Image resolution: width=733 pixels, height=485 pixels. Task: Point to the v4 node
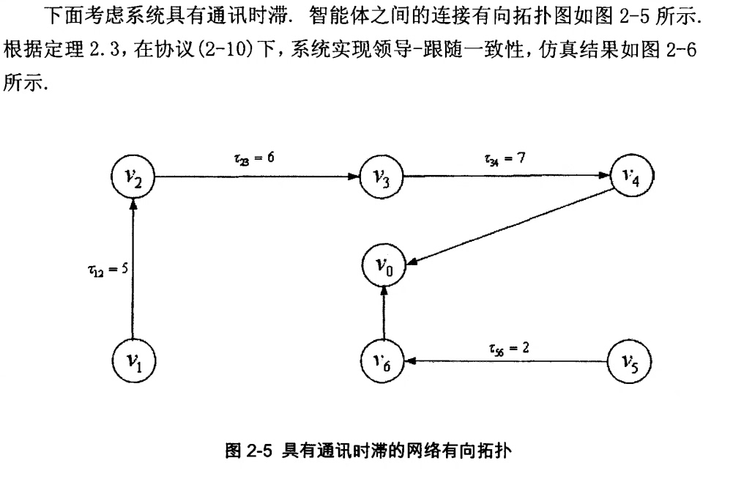[x=630, y=176]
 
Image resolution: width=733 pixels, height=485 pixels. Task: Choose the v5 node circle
[x=630, y=360]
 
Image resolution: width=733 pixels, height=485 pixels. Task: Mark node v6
[x=382, y=360]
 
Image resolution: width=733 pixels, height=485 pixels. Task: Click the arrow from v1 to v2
[x=133, y=271]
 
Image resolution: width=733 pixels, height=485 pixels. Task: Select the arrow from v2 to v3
[x=256, y=177]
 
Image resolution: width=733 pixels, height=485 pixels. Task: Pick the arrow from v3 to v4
[x=505, y=177]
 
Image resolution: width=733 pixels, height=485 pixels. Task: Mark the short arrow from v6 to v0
[x=382, y=315]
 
